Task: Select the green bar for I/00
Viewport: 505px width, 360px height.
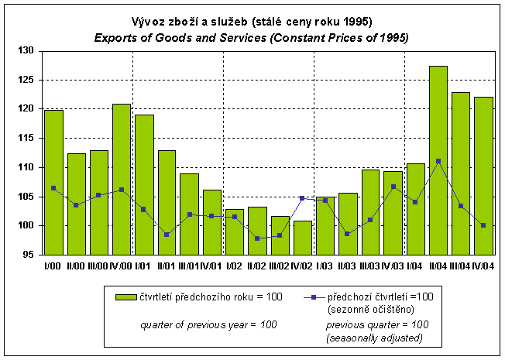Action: tap(53, 183)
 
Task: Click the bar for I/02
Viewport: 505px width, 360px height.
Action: tap(235, 231)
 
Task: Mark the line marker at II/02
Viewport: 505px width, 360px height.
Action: tap(257, 238)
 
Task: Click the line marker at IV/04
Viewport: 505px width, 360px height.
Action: tap(483, 225)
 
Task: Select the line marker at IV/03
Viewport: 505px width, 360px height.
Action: tap(393, 187)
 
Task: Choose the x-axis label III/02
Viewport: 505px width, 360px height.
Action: tap(280, 266)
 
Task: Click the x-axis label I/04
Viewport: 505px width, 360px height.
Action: tap(415, 266)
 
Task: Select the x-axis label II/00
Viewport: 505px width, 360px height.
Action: tap(76, 266)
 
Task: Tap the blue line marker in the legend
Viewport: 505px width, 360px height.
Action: tap(310, 297)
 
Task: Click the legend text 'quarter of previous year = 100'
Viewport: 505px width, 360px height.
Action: tap(208, 324)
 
